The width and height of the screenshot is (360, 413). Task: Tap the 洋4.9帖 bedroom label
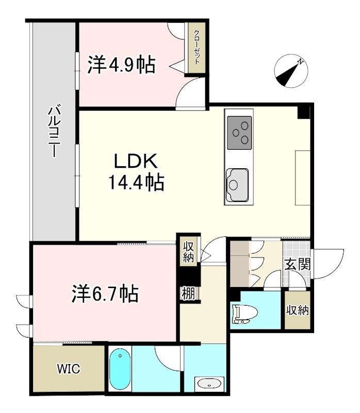[x=121, y=65]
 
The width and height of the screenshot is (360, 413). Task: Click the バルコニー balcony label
[x=54, y=132]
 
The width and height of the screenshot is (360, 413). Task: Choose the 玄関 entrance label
[x=297, y=264]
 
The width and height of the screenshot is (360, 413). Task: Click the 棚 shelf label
[x=187, y=294]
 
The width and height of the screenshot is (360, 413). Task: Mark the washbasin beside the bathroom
[x=209, y=384]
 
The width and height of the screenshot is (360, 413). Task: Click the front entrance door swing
[x=329, y=263]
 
